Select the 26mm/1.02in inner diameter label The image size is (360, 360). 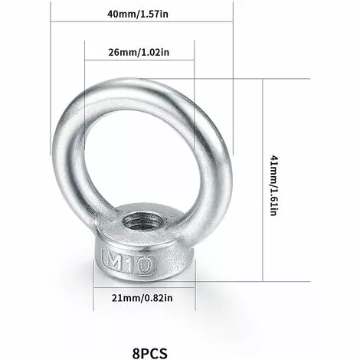pos(138,53)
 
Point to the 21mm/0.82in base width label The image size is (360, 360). pos(140,298)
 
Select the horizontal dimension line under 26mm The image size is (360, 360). pos(139,66)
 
